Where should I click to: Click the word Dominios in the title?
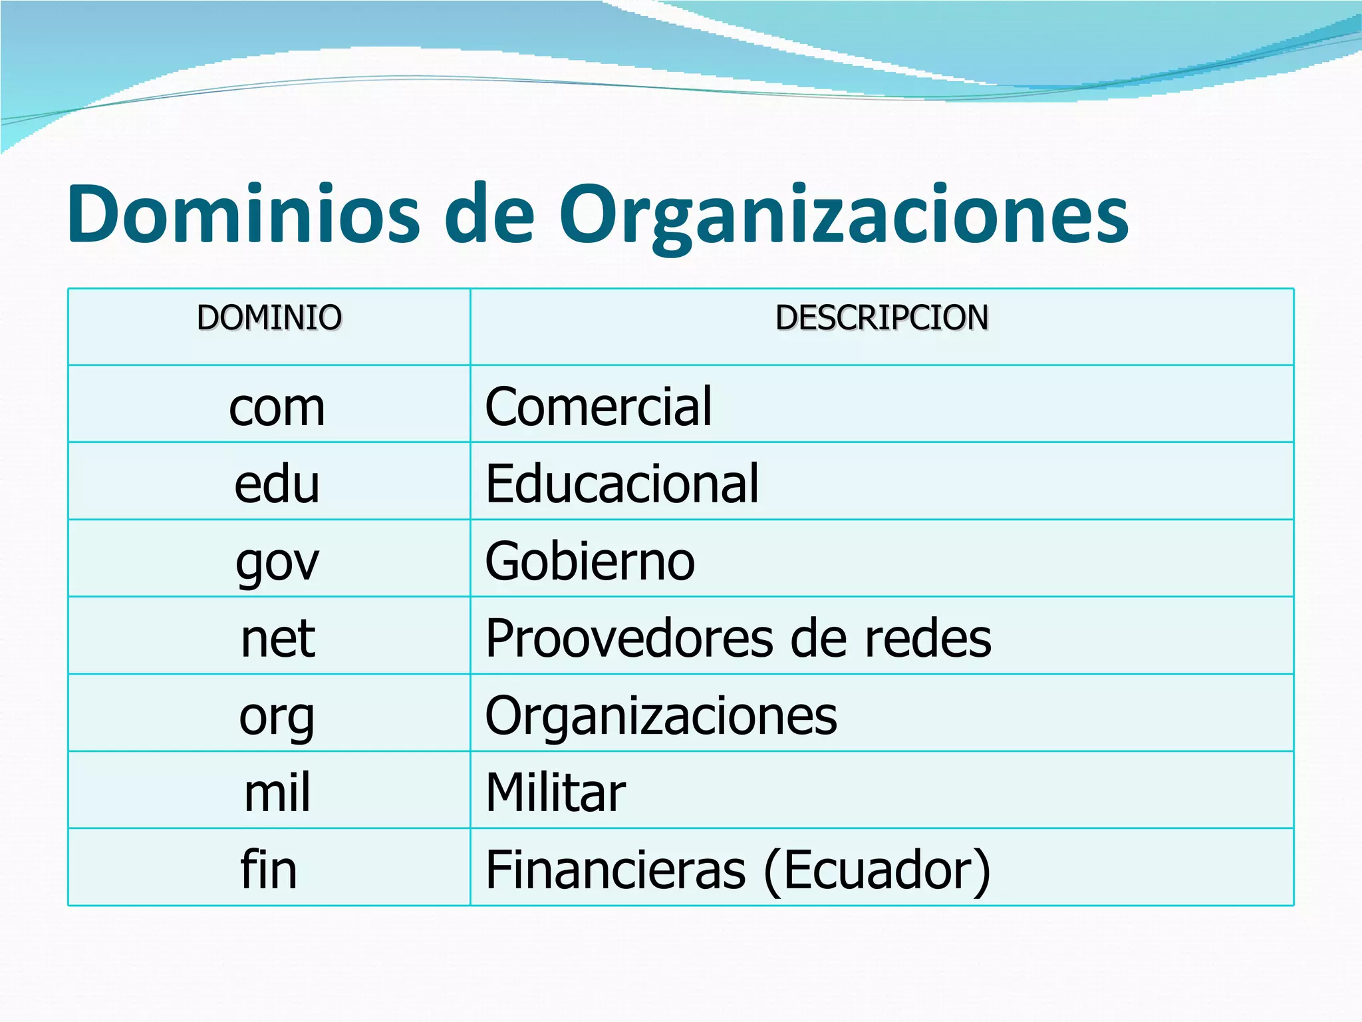tap(243, 214)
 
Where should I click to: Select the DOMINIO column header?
tap(269, 317)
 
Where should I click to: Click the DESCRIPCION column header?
tap(882, 317)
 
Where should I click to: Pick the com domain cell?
tap(277, 407)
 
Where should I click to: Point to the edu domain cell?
tap(277, 484)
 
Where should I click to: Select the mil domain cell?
tap(277, 792)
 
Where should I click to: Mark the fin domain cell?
tap(269, 869)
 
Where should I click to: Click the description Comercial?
tap(599, 407)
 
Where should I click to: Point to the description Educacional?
tap(622, 484)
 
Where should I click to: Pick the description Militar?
tap(556, 792)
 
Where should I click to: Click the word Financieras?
tap(616, 870)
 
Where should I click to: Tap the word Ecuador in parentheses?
tap(877, 870)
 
